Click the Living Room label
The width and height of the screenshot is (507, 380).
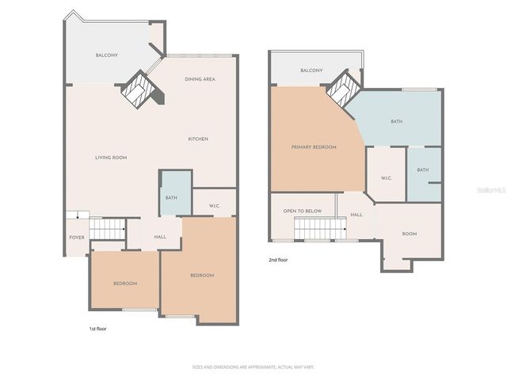111,158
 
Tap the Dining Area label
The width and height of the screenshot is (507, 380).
199,79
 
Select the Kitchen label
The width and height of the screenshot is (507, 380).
198,139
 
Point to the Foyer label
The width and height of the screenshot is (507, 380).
77,237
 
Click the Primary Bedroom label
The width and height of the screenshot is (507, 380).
314,147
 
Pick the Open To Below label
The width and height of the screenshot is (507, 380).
303,211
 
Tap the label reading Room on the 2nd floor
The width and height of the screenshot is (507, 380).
409,234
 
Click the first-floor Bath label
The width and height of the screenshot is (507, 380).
170,197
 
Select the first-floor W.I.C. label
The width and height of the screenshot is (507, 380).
214,207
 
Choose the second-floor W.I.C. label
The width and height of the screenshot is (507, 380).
387,178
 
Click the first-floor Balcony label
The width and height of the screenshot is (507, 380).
107,55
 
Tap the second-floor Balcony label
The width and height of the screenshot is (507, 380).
311,71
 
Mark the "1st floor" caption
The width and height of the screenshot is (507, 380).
97,328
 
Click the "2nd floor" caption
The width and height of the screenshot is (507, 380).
278,259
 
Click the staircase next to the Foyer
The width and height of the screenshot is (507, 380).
107,229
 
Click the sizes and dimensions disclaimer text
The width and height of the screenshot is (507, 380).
253,367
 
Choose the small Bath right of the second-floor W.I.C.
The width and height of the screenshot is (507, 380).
423,170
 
